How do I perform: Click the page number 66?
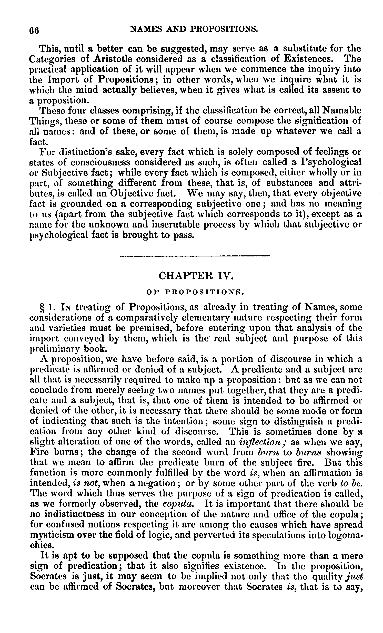coord(34,30)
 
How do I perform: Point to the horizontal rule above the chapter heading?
coord(195,256)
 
